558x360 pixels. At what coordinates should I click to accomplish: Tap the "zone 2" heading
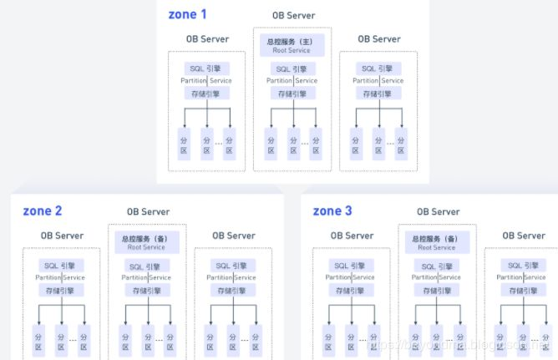[43, 210]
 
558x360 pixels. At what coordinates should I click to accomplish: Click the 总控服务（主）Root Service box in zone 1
[292, 45]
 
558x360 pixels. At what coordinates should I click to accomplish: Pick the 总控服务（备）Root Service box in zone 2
[147, 242]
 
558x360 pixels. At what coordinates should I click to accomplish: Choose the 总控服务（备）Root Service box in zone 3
[437, 242]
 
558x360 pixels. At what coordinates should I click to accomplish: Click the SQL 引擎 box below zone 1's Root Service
[292, 69]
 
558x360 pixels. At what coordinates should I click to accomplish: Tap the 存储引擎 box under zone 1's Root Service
[292, 93]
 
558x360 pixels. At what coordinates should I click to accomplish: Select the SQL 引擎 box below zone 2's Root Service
[147, 266]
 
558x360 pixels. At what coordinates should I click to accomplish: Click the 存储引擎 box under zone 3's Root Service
[437, 291]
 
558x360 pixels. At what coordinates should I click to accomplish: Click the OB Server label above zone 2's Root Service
[148, 212]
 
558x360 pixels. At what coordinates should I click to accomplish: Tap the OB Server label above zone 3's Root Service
[438, 212]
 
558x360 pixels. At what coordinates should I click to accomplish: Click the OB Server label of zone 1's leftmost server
[207, 38]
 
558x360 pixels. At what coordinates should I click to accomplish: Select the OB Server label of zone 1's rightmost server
[378, 38]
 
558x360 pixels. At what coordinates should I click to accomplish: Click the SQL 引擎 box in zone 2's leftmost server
[60, 266]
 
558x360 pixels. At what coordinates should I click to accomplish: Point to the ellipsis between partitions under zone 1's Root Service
[304, 142]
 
